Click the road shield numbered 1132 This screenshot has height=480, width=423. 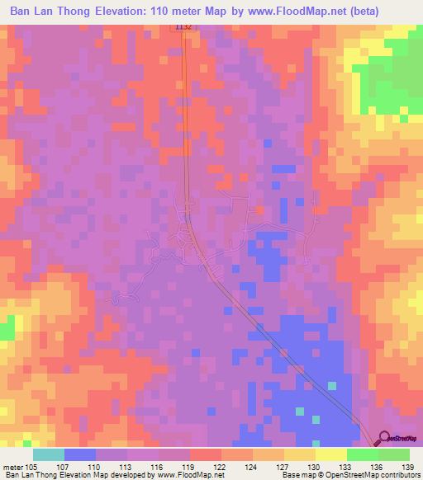click(183, 27)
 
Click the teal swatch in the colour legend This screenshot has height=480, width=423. click(49, 454)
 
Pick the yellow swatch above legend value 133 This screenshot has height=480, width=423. click(331, 454)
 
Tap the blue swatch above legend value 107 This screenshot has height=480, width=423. click(80, 454)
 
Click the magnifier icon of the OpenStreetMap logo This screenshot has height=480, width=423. click(384, 439)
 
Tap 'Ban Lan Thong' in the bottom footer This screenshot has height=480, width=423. click(31, 475)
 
